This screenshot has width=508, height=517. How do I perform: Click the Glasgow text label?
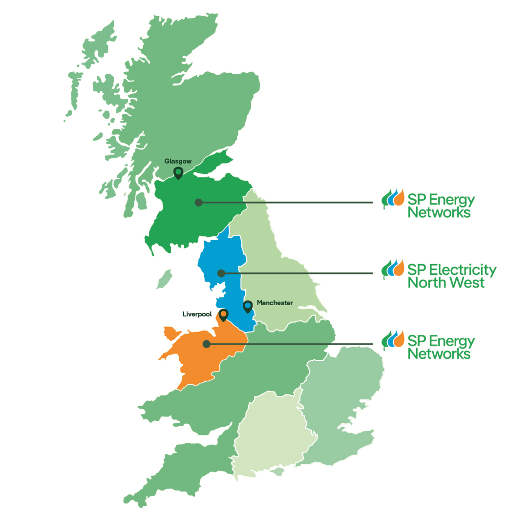pyautogui.click(x=178, y=161)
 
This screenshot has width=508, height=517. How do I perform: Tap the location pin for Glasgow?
pyautogui.click(x=178, y=172)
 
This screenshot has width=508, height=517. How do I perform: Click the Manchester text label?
pyautogui.click(x=275, y=303)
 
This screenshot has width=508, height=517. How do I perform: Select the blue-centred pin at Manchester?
pyautogui.click(x=248, y=306)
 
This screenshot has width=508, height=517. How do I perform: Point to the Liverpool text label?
pyautogui.click(x=197, y=314)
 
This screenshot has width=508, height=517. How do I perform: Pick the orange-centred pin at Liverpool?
pyautogui.click(x=223, y=314)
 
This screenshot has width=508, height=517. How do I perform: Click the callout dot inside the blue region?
pyautogui.click(x=221, y=273)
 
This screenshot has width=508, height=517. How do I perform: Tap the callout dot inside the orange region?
pyautogui.click(x=207, y=344)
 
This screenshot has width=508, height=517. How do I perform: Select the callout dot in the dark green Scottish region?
pyautogui.click(x=198, y=202)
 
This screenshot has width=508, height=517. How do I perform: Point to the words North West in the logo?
pyautogui.click(x=445, y=283)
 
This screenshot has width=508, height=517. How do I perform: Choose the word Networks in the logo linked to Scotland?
pyautogui.click(x=439, y=213)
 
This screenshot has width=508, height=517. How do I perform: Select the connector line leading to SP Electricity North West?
pyautogui.click(x=303, y=273)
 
